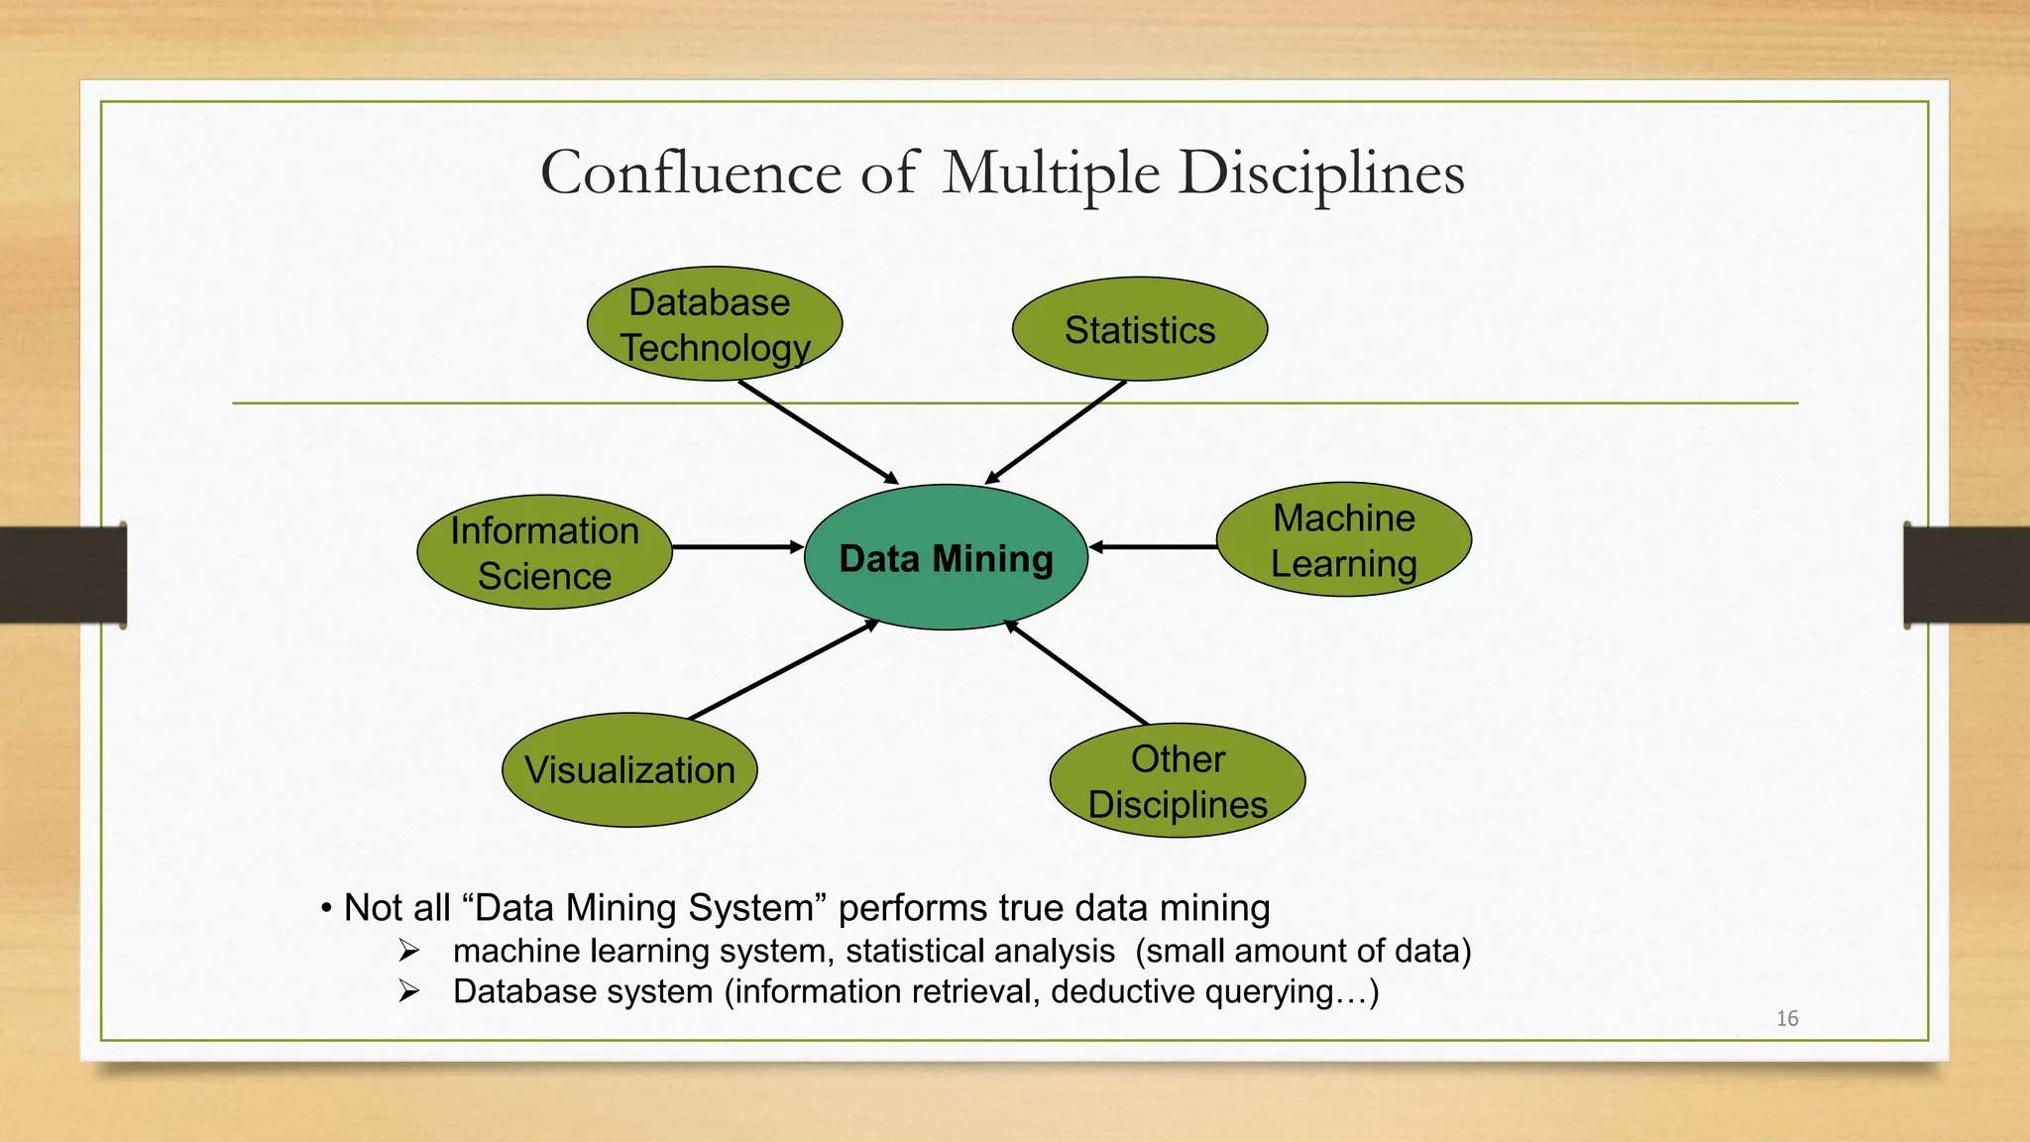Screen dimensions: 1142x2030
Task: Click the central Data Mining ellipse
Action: (946, 557)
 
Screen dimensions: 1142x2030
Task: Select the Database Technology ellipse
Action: (714, 324)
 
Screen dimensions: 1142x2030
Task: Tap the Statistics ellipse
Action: (1139, 329)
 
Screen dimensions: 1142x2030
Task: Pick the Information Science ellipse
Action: (544, 552)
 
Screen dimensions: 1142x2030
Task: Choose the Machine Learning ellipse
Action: (1343, 539)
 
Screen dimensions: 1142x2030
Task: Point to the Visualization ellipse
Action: (629, 770)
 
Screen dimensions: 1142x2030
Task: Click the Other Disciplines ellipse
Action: (1178, 781)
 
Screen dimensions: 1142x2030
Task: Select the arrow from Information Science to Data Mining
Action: (737, 547)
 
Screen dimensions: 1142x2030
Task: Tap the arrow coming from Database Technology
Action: (818, 432)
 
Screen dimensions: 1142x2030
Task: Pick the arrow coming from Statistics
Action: (1057, 432)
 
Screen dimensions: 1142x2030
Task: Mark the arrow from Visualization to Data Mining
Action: (783, 669)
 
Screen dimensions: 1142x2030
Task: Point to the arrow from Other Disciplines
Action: (1076, 672)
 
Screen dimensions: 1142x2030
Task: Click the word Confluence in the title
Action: (689, 173)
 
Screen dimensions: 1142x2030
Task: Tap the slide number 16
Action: (1787, 1018)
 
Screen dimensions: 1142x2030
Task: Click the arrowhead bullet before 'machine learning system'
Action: (409, 951)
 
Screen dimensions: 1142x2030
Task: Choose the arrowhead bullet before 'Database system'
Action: (409, 991)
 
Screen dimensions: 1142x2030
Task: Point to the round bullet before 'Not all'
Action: (326, 908)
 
